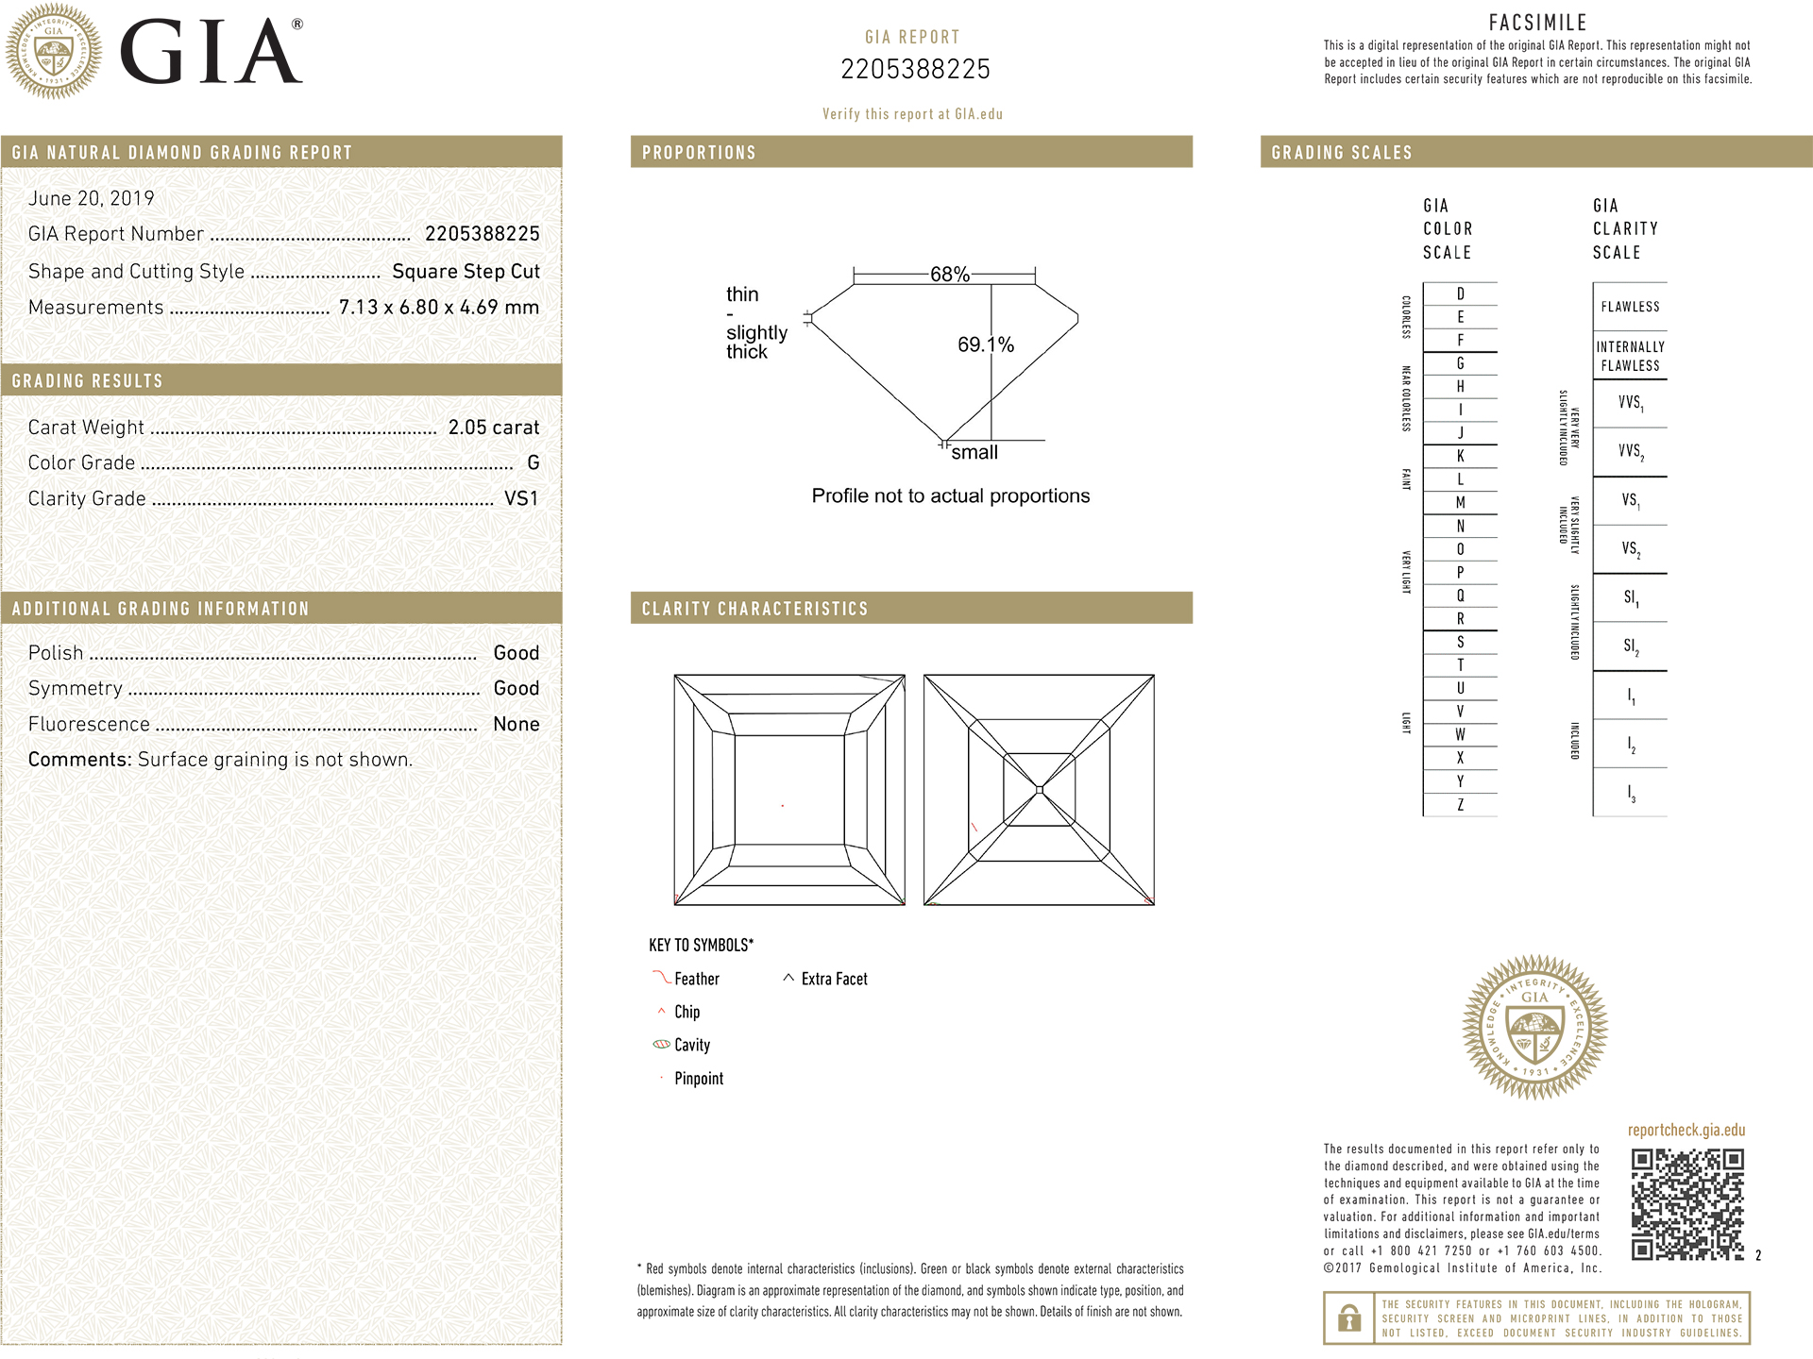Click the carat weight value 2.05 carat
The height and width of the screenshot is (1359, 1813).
click(x=493, y=428)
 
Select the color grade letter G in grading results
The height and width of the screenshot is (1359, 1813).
click(x=534, y=463)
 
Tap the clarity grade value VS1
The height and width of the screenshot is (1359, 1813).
click(x=521, y=498)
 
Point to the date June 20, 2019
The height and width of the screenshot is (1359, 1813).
click(x=91, y=198)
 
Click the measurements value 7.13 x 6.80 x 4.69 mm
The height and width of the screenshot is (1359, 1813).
click(x=439, y=308)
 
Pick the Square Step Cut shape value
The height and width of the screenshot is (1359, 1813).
click(x=466, y=272)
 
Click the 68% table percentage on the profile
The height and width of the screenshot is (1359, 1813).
click(x=949, y=275)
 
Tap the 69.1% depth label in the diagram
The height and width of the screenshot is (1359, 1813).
click(x=985, y=345)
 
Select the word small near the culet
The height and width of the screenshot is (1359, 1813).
click(x=974, y=453)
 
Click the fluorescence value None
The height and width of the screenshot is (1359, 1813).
click(x=517, y=725)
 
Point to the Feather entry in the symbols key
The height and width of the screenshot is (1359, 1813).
click(x=696, y=980)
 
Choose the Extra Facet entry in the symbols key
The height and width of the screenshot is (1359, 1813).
click(x=834, y=980)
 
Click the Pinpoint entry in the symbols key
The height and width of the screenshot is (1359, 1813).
click(x=699, y=1079)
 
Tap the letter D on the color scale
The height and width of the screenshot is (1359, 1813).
click(x=1460, y=294)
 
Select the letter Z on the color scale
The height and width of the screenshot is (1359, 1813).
click(x=1460, y=805)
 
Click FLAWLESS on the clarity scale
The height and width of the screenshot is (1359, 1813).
click(x=1630, y=307)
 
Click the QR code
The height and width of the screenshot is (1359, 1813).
click(x=1687, y=1204)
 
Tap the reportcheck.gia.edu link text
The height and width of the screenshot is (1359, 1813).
click(x=1686, y=1131)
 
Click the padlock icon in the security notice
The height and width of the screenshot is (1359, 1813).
click(x=1349, y=1317)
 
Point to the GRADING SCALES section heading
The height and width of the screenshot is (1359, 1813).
click(x=1342, y=153)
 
